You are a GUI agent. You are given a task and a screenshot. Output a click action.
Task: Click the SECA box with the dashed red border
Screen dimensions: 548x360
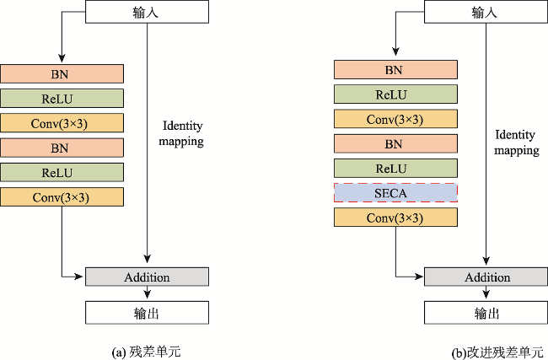click(x=395, y=193)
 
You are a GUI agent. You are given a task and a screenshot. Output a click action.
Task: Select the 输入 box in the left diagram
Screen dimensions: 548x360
click(x=148, y=12)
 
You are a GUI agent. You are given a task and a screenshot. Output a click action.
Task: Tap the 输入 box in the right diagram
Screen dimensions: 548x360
click(x=486, y=12)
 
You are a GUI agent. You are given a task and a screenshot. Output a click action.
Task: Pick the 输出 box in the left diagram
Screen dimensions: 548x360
click(x=148, y=313)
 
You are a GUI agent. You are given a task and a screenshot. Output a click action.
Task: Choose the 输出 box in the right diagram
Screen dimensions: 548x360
click(x=486, y=313)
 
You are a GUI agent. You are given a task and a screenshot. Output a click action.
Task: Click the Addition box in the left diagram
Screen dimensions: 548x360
click(x=148, y=277)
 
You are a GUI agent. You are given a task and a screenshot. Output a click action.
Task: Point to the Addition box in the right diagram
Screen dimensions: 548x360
click(x=486, y=277)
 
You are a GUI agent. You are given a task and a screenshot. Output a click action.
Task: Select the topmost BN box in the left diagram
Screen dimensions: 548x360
click(x=62, y=73)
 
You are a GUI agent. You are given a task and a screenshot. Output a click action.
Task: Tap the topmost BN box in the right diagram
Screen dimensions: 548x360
click(x=395, y=69)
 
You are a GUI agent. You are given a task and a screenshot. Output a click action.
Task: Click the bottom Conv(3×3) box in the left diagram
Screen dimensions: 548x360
click(x=62, y=196)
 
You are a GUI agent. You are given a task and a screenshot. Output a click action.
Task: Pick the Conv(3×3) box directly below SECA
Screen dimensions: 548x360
click(x=395, y=217)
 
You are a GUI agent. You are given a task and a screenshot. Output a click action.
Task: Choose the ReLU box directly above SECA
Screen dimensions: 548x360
click(x=395, y=168)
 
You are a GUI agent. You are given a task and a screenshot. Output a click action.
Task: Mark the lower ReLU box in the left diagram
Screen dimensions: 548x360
click(x=62, y=172)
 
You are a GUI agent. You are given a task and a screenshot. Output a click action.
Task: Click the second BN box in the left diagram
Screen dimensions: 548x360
click(x=62, y=148)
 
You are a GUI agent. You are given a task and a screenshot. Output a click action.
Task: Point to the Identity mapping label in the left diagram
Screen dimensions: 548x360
click(x=181, y=133)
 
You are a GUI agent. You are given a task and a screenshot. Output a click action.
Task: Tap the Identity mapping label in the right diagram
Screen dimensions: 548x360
click(x=517, y=142)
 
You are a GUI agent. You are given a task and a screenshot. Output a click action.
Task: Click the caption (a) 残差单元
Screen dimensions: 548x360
click(x=146, y=352)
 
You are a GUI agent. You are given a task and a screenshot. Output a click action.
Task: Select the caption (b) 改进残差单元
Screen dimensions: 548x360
click(x=497, y=352)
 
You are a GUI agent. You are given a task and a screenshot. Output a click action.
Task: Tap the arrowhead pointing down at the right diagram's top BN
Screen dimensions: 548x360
click(x=395, y=51)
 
